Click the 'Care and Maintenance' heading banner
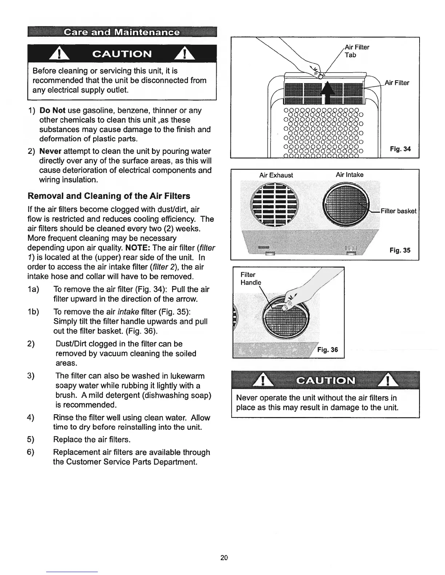[x=121, y=32]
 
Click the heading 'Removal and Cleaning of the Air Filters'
[x=109, y=196]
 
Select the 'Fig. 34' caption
[x=400, y=149]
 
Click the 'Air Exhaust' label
[x=276, y=175]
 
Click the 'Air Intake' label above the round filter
[x=349, y=175]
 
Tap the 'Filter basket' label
[x=398, y=211]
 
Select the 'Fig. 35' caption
[x=400, y=250]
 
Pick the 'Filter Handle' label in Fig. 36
[x=250, y=278]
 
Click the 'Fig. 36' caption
[x=327, y=350]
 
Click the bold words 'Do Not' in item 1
[x=52, y=110]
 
